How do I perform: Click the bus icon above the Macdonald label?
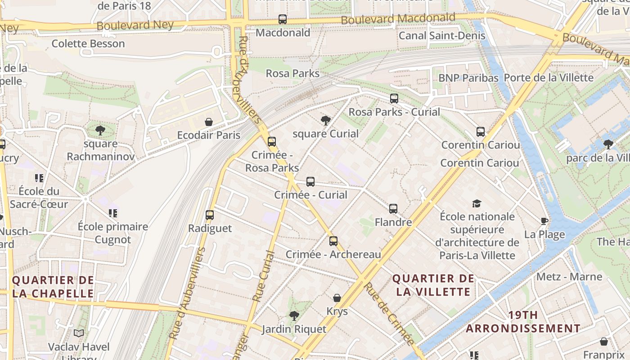pos(282,19)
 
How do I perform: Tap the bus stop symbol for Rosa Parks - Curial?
pos(394,99)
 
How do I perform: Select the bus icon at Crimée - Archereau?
pos(333,241)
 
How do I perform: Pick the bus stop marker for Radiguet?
pos(210,215)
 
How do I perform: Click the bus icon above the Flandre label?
pos(393,209)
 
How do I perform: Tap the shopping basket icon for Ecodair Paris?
pos(209,122)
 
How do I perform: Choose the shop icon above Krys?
pos(337,298)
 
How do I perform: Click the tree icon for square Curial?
pos(326,120)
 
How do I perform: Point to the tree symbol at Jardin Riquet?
pos(294,315)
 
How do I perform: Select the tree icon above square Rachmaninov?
pos(100,130)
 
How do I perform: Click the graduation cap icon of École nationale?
pos(477,203)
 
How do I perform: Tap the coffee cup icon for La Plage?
pos(544,221)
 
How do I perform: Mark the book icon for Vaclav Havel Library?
pos(79,333)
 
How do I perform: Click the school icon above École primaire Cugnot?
pos(112,213)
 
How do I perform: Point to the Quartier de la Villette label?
pos(433,285)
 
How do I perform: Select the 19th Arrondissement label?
pos(523,322)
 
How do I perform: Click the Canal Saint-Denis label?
pos(442,36)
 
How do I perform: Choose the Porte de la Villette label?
pos(549,77)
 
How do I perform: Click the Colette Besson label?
pos(88,44)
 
